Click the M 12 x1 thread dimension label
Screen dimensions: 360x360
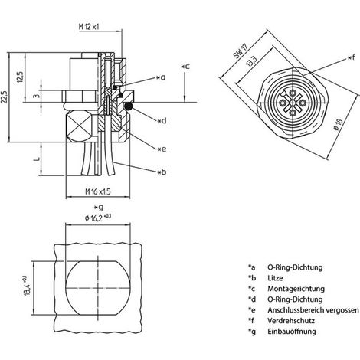89,26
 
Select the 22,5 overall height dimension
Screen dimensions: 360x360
5,97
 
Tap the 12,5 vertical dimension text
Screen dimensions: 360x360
20,76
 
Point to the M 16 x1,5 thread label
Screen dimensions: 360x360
98,191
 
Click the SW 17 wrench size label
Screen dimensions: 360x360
241,51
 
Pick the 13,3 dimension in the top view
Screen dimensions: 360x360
252,61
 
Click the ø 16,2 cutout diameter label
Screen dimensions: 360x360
98,218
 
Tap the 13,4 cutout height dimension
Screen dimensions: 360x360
27,286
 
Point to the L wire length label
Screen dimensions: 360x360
38,159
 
